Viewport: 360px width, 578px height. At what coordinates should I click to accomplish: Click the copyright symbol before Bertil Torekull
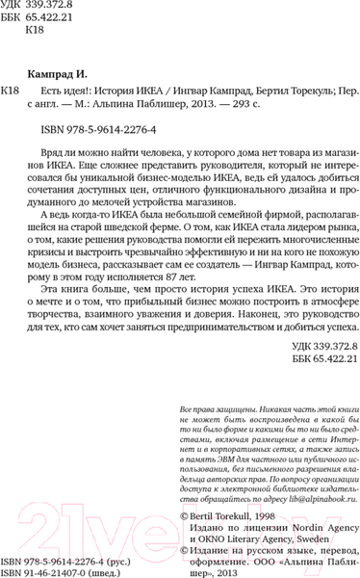[186, 517]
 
